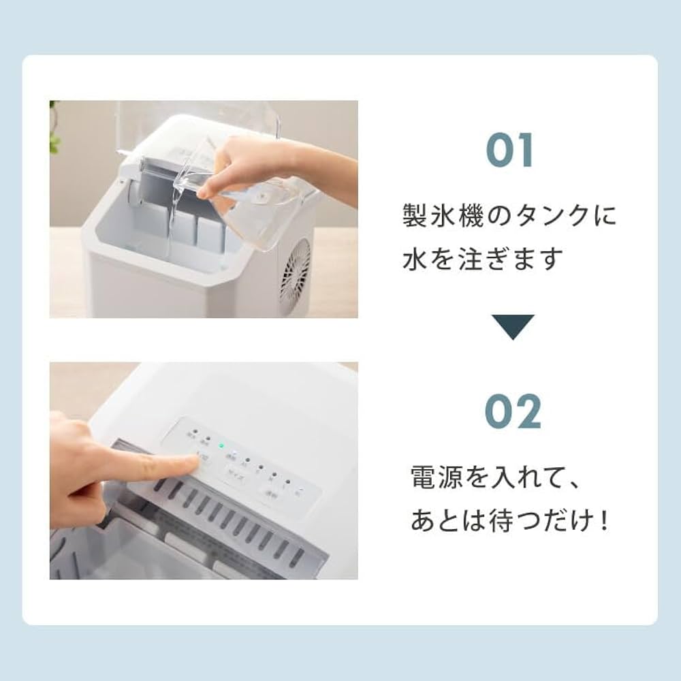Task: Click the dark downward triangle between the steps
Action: pyautogui.click(x=513, y=327)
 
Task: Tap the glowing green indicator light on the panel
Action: pyautogui.click(x=221, y=447)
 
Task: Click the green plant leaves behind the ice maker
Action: pyautogui.click(x=54, y=129)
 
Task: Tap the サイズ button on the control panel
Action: pyautogui.click(x=236, y=473)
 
